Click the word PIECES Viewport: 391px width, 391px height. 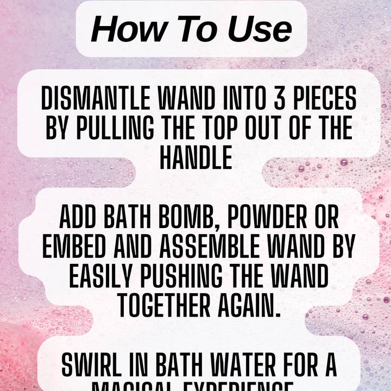coord(323,100)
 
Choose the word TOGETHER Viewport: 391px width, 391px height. coord(162,307)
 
